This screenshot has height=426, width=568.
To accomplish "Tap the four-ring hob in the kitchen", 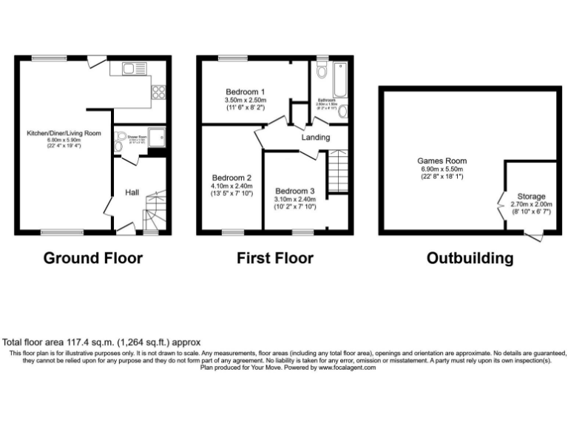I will (158, 92).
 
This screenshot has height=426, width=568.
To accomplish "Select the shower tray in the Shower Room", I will (156, 136).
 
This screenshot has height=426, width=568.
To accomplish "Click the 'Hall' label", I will (132, 192).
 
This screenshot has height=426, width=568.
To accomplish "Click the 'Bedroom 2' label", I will (232, 178).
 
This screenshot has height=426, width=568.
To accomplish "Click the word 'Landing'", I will (316, 137).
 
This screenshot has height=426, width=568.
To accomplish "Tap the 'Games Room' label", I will (442, 160).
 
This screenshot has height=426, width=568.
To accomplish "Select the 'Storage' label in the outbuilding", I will (532, 196).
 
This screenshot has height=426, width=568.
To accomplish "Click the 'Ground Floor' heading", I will (93, 258).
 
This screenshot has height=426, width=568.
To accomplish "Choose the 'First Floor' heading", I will (274, 258).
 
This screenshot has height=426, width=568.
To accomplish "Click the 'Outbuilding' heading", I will (470, 258).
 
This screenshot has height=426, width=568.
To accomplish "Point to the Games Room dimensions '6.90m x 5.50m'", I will (442, 169).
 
